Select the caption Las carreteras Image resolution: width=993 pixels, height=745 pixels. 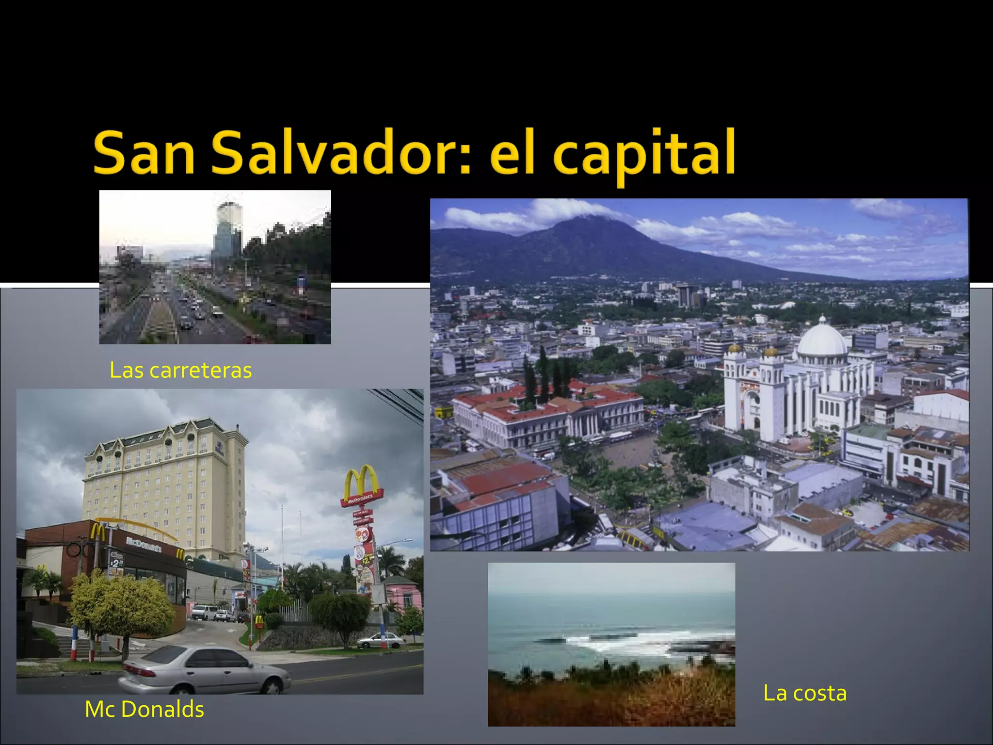point(181,370)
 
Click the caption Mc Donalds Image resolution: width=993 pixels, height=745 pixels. point(144,709)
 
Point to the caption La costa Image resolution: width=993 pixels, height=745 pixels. point(805,693)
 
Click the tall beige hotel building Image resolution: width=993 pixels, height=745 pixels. point(165,485)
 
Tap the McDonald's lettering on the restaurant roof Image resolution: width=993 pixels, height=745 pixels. point(144,545)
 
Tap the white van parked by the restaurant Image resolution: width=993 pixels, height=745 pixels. point(204,613)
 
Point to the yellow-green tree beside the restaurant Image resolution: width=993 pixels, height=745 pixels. point(121,606)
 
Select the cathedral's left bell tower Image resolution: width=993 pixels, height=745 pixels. point(735,388)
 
